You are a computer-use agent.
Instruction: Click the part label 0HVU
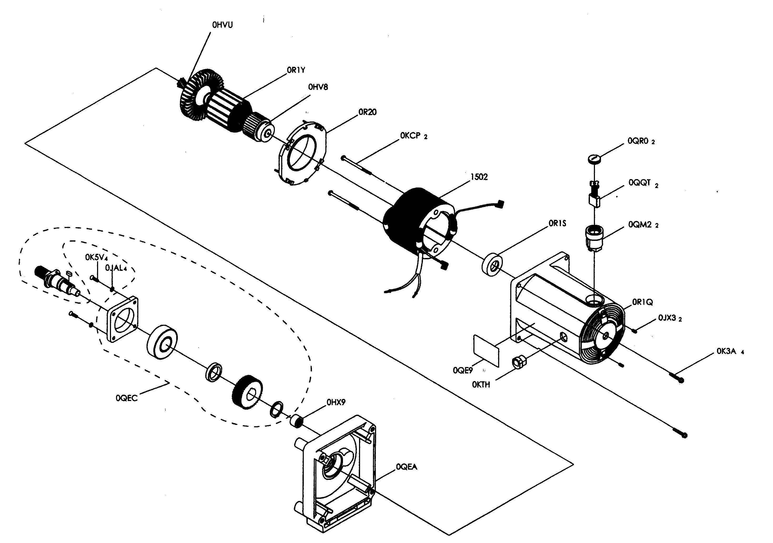pyautogui.click(x=222, y=25)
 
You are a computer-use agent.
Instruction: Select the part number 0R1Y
pyautogui.click(x=296, y=70)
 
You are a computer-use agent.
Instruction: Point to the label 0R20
pyautogui.click(x=367, y=112)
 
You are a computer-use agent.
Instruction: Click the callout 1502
pyautogui.click(x=479, y=177)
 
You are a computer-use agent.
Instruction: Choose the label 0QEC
pyautogui.click(x=127, y=398)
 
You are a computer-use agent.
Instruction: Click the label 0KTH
pyautogui.click(x=481, y=384)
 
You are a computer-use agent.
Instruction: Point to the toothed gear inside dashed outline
pyautogui.click(x=247, y=392)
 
